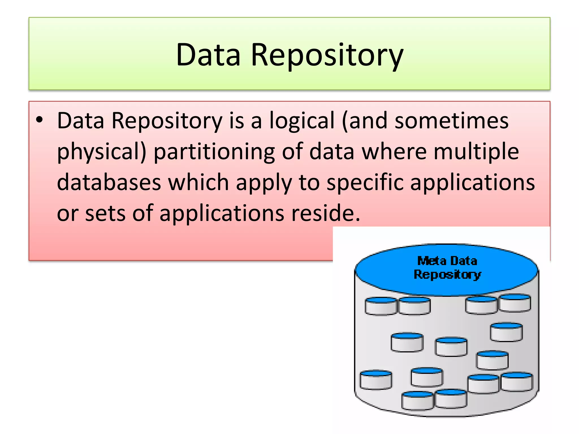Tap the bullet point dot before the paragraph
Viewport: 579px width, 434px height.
39,120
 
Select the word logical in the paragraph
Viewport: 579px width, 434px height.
302,121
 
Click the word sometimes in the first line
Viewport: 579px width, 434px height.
451,121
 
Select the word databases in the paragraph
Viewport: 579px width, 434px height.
109,182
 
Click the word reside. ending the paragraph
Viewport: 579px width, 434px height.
326,213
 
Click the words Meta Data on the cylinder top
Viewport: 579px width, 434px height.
447,261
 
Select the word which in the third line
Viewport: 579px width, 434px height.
198,182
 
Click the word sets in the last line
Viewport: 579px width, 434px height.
105,213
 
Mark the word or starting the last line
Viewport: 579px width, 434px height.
67,214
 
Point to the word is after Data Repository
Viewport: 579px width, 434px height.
236,121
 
